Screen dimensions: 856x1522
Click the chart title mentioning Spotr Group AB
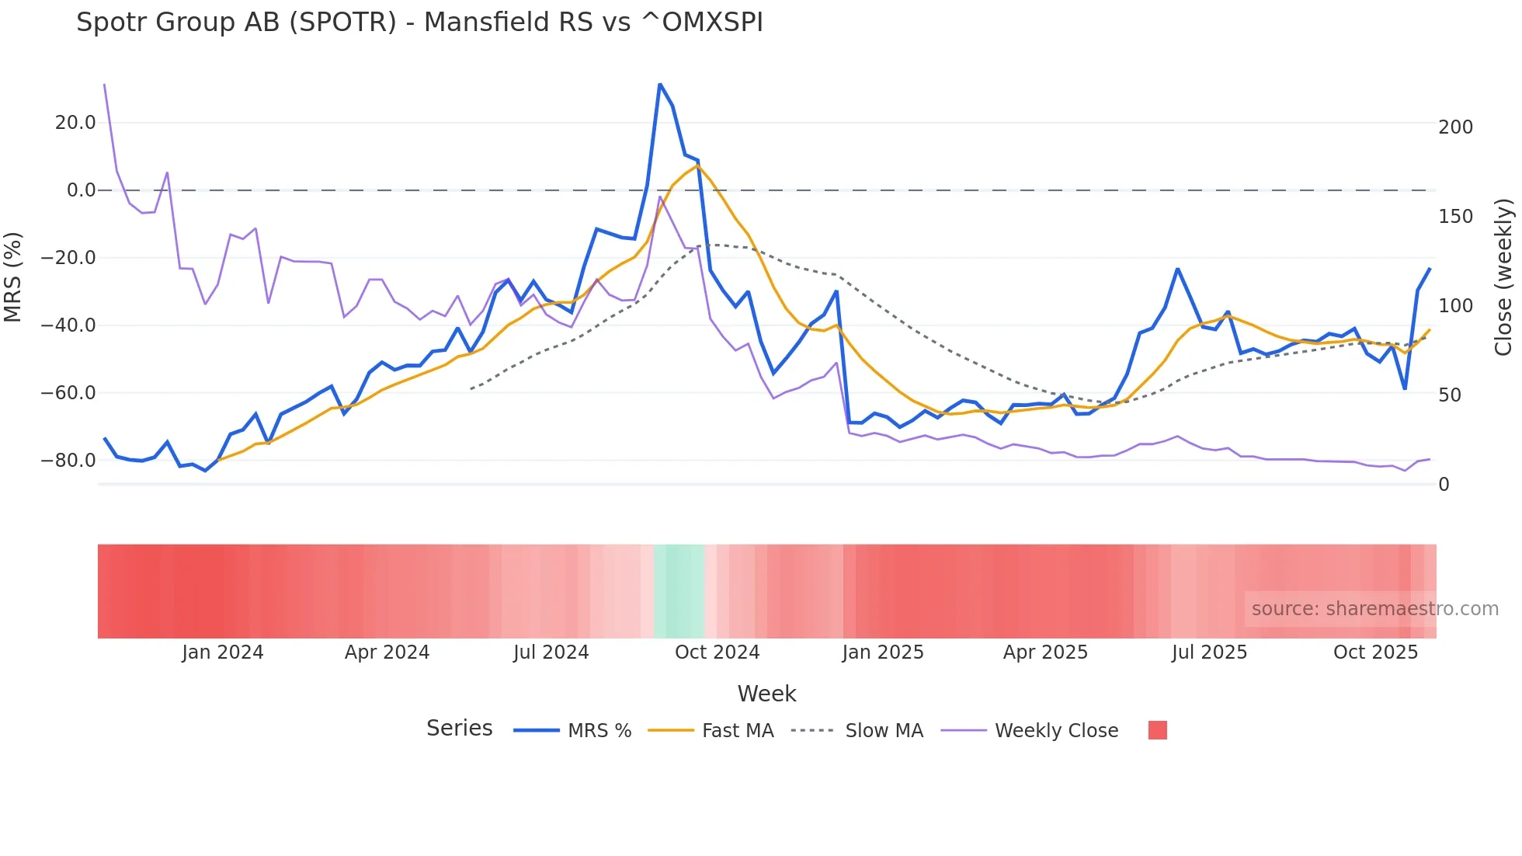click(419, 23)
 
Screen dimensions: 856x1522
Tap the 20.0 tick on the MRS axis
click(75, 123)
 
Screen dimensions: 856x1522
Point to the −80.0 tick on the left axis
click(68, 461)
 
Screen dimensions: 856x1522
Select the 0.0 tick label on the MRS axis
click(81, 190)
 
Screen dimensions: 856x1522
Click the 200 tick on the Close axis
click(1455, 127)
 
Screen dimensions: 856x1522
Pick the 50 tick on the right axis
click(1450, 395)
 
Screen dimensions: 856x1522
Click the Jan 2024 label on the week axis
click(223, 652)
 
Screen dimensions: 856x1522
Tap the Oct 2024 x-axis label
click(717, 652)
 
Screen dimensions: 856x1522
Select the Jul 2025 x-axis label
click(1209, 652)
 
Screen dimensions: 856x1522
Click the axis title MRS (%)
click(13, 277)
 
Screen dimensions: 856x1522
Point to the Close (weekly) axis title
click(1503, 277)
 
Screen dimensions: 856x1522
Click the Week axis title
click(766, 694)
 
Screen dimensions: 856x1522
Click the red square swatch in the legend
click(1157, 730)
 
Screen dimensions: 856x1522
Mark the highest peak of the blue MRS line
click(659, 84)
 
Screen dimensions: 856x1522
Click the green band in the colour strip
click(679, 591)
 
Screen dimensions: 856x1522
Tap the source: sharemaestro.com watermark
click(1374, 609)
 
